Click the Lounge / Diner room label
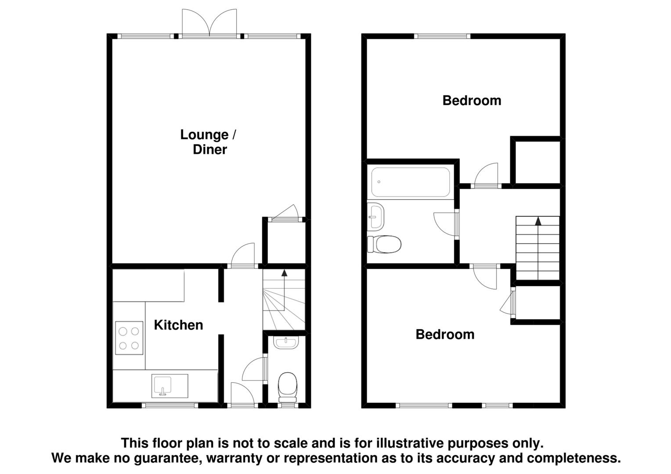(209, 142)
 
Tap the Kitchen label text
(178, 325)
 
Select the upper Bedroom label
(472, 101)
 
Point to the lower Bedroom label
(445, 334)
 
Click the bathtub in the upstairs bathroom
(410, 182)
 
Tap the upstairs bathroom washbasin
(375, 215)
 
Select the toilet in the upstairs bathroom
(384, 244)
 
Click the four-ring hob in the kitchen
(129, 338)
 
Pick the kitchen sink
(170, 386)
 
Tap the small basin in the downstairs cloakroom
(285, 342)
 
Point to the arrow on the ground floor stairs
(284, 273)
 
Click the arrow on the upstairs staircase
(538, 220)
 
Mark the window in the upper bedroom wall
(442, 36)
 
